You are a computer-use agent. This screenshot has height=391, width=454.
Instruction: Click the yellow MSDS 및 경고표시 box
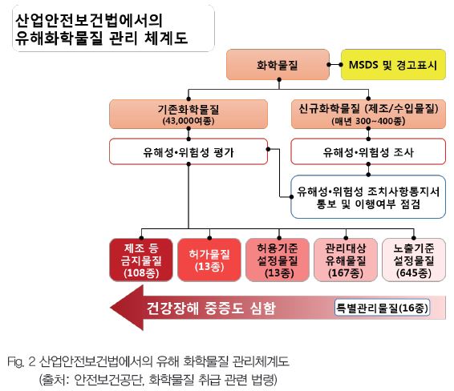(393, 64)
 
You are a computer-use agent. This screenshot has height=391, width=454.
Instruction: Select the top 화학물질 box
(278, 64)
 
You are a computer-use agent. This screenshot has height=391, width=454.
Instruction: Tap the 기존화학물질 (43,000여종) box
(188, 115)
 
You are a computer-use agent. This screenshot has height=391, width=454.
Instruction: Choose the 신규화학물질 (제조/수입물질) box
(368, 115)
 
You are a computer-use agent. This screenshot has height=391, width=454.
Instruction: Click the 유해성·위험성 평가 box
(188, 151)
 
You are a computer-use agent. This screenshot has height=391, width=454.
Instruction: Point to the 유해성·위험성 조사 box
(368, 151)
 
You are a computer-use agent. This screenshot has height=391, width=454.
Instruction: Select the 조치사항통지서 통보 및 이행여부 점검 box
(368, 197)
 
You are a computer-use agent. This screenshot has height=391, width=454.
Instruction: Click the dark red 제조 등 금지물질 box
(141, 260)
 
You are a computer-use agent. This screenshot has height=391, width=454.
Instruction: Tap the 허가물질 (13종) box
(209, 260)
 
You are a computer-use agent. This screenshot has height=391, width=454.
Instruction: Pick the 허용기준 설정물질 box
(278, 260)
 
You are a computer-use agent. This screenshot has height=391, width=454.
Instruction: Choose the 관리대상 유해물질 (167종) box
(346, 260)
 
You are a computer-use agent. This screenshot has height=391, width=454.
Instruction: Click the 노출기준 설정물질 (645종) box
(414, 260)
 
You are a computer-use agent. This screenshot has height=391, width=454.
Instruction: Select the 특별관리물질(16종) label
(382, 308)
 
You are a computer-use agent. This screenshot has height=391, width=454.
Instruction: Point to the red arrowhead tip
(111, 308)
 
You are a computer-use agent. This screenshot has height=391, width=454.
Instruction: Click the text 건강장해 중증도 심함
(211, 308)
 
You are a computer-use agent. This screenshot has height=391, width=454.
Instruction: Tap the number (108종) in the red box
(141, 272)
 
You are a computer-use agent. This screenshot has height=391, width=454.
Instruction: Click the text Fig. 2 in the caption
(22, 362)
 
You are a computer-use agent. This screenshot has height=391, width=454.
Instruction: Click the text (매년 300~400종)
(368, 121)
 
